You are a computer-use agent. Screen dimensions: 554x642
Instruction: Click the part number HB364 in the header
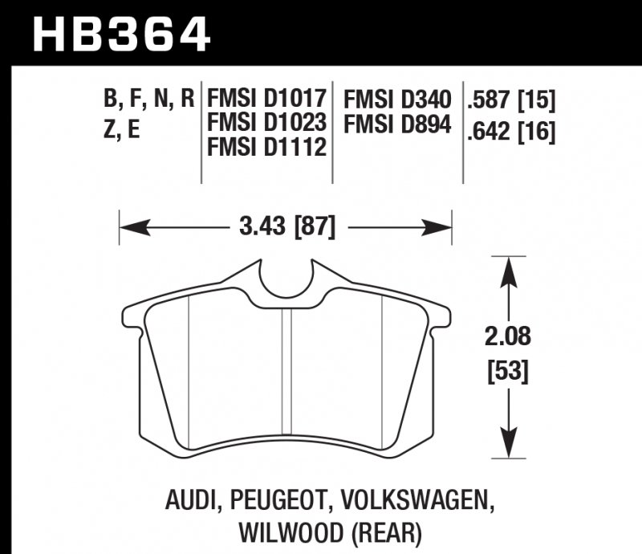tap(120, 35)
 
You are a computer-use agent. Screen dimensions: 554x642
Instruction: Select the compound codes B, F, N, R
tap(149, 100)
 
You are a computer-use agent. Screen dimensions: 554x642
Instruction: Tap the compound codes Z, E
tap(122, 128)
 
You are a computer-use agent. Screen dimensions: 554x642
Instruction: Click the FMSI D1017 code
tap(267, 100)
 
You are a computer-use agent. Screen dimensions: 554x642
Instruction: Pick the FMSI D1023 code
tap(267, 124)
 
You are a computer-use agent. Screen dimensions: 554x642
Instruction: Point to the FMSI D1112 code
tap(267, 149)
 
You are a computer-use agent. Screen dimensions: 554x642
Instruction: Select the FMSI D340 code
tap(397, 100)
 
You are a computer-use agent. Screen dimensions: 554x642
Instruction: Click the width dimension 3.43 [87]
tap(286, 227)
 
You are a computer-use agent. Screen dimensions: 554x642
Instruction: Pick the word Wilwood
tap(278, 532)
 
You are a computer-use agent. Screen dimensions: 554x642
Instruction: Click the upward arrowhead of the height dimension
tap(507, 269)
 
